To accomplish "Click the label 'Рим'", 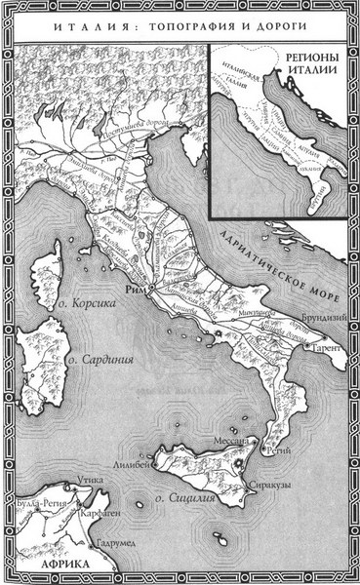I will tap(134, 291).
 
